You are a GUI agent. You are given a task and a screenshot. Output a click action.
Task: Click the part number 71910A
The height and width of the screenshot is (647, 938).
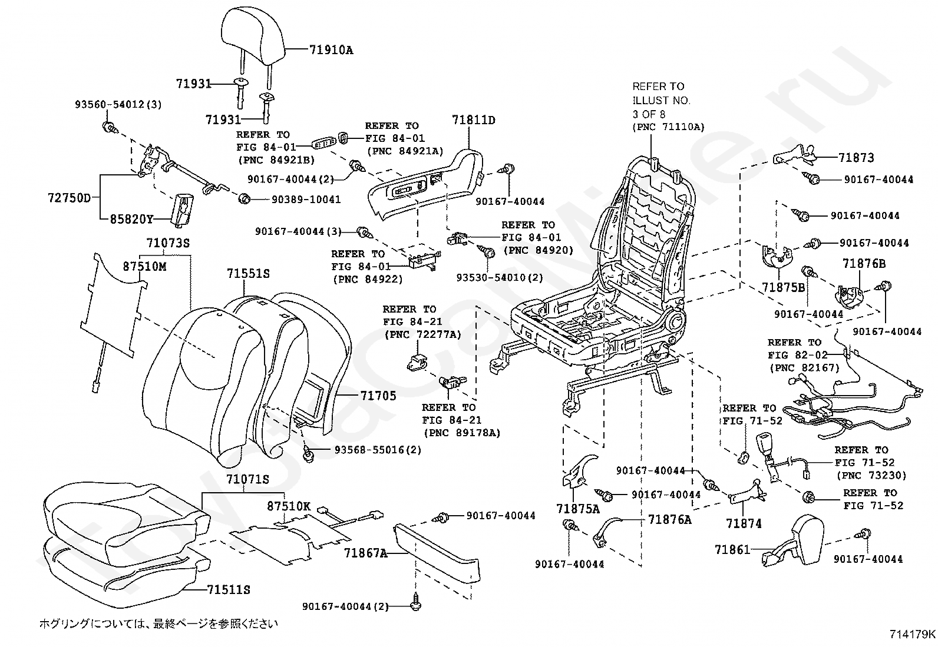[331, 50]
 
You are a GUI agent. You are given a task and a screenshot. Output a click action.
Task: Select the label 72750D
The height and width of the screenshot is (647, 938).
[69, 198]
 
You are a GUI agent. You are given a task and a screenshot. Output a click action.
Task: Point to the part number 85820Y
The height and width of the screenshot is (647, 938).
[131, 219]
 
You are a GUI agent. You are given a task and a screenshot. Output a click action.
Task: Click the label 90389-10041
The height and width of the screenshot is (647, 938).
[306, 200]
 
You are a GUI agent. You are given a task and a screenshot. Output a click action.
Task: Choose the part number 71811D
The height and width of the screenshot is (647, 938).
[474, 120]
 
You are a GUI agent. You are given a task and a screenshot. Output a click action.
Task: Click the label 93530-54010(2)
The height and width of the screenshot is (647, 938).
[500, 277]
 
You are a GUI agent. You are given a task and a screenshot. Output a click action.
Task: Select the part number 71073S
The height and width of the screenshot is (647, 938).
[168, 243]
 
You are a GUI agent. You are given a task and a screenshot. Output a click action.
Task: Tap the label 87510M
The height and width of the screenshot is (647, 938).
[144, 266]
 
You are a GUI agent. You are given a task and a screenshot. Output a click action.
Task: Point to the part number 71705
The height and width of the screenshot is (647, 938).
[378, 396]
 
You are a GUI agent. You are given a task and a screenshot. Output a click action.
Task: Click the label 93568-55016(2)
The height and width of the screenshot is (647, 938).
[378, 450]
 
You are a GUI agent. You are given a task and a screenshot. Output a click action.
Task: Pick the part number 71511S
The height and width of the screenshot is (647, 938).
[228, 590]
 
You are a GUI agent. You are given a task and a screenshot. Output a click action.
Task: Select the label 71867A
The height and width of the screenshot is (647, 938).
[366, 553]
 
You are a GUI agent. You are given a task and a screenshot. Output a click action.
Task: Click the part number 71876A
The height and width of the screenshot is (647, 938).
[670, 519]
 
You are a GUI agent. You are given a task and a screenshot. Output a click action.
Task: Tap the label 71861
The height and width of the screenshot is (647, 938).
[732, 549]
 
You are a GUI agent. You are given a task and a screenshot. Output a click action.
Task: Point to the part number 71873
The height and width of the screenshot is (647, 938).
[856, 158]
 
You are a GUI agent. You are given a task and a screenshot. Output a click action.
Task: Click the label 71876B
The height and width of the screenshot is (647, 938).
[864, 264]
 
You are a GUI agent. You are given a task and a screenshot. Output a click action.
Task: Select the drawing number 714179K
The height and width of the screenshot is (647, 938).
[913, 635]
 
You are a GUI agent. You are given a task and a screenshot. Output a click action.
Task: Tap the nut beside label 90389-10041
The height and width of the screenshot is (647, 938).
[244, 199]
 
